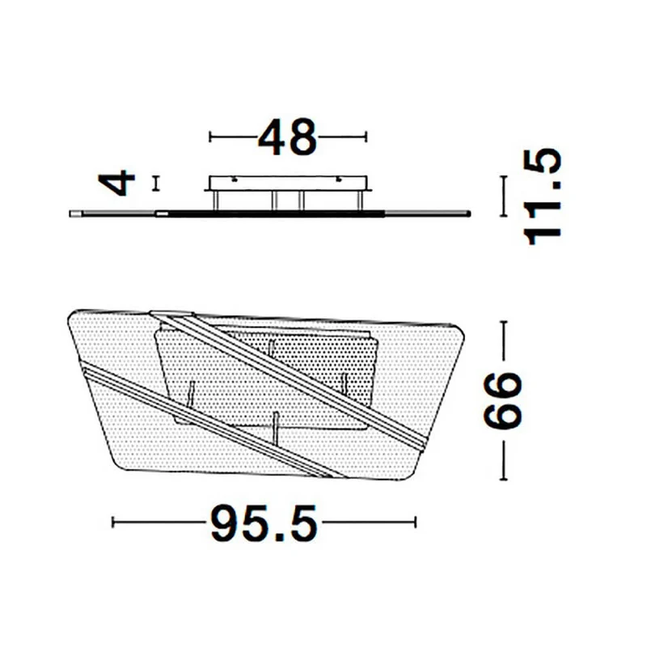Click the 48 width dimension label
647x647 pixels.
point(287,137)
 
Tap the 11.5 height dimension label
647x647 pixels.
point(542,197)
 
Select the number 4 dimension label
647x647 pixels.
point(116,183)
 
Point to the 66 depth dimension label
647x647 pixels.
point(503,400)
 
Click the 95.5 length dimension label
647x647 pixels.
point(264,522)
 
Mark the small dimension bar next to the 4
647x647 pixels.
point(155,184)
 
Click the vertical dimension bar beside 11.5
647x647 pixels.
point(503,196)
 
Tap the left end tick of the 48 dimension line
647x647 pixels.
point(210,137)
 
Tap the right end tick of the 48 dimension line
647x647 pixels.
point(366,137)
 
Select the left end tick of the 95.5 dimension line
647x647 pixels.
point(113,522)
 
